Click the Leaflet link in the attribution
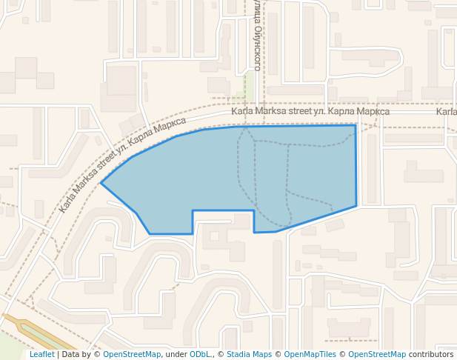tap(41, 355)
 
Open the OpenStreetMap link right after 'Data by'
tap(131, 355)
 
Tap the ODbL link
tap(199, 355)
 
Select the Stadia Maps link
tap(249, 355)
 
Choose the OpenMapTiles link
tap(310, 355)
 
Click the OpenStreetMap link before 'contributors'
tap(377, 355)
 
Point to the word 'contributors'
tap(431, 355)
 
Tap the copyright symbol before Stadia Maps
tap(221, 355)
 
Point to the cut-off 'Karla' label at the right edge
tap(447, 112)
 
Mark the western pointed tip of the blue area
tap(101, 182)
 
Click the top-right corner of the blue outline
tap(356, 125)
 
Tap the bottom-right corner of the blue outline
tap(356, 205)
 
